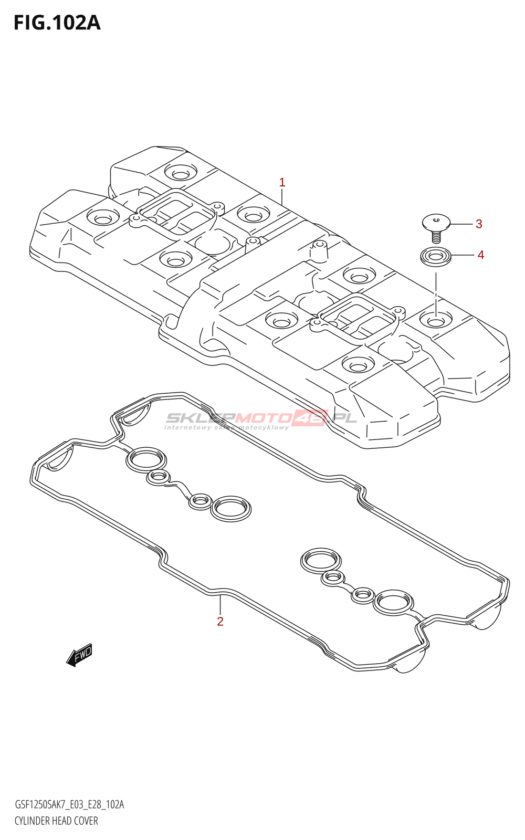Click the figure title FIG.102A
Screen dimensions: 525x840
pyautogui.click(x=57, y=23)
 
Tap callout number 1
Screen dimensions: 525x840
pyautogui.click(x=282, y=183)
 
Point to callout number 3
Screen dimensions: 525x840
pyautogui.click(x=479, y=224)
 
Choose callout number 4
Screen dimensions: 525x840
pyautogui.click(x=481, y=255)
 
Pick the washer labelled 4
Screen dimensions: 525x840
pyautogui.click(x=436, y=257)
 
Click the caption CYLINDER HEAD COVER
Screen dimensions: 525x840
pyautogui.click(x=56, y=821)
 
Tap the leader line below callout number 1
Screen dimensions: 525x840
pyautogui.click(x=282, y=196)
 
